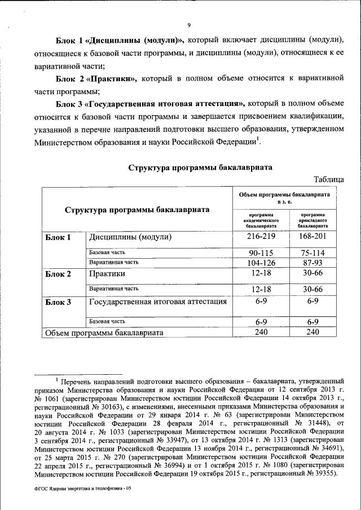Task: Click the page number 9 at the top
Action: coord(190,24)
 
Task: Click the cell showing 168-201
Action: coord(312,237)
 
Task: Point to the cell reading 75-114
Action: coord(312,253)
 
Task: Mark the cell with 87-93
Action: coord(312,263)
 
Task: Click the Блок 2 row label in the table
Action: coord(58,274)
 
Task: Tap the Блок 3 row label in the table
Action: coord(58,302)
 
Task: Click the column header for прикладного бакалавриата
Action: coord(312,220)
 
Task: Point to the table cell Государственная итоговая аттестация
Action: coord(158,301)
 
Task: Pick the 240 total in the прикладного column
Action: coord(312,332)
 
